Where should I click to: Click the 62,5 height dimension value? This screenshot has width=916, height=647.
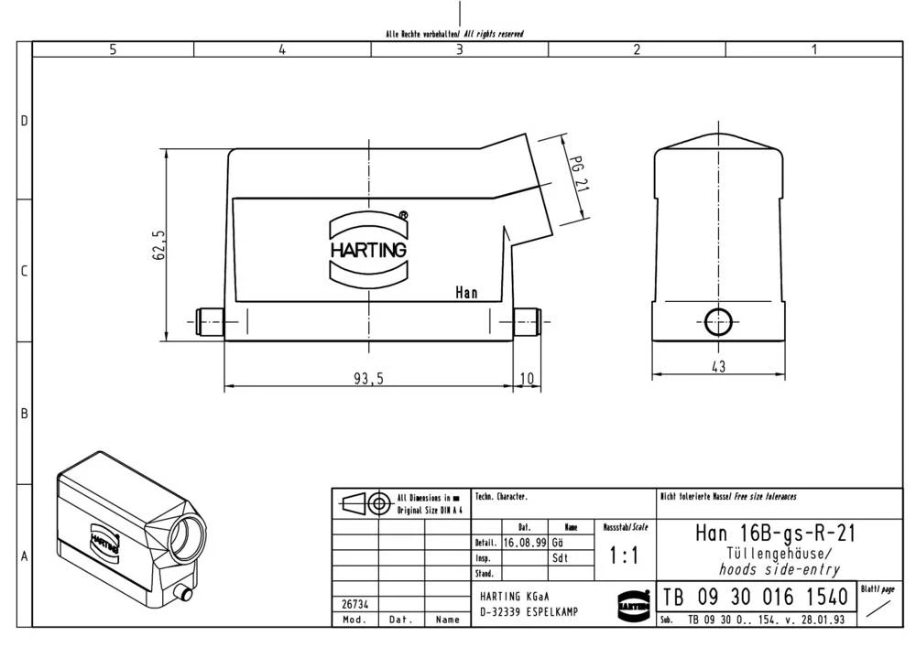tap(158, 245)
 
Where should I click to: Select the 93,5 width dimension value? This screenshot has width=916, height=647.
tap(369, 379)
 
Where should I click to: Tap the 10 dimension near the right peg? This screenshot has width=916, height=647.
tap(526, 379)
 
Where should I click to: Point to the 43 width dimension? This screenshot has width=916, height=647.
tap(718, 367)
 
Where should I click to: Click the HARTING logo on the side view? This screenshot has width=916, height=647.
tap(368, 248)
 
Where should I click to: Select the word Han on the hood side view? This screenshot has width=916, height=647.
tap(466, 293)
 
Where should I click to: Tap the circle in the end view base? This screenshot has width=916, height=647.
tap(718, 320)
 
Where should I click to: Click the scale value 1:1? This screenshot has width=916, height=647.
tap(624, 555)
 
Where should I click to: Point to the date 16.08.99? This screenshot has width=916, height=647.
tap(525, 542)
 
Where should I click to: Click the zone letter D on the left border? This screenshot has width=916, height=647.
tap(25, 122)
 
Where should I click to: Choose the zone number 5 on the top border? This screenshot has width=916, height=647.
tap(113, 49)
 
